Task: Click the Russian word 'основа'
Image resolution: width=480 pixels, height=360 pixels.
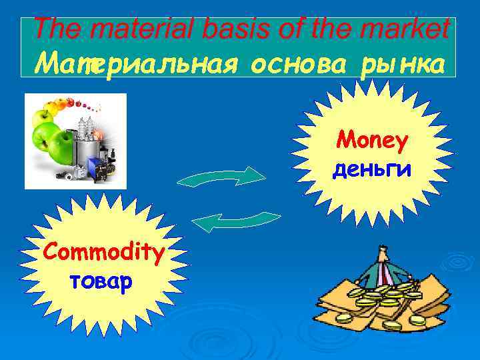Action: (x=287, y=65)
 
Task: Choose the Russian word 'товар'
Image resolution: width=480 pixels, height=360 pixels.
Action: (x=101, y=281)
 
